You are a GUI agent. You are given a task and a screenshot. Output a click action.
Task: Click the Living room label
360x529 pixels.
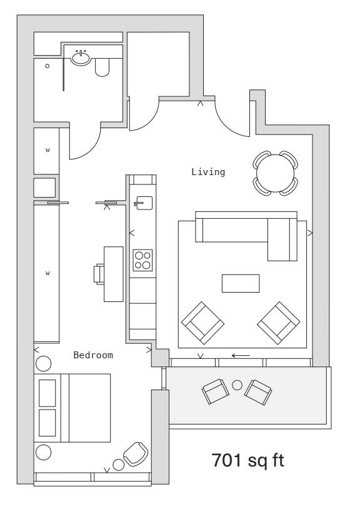(x=208, y=172)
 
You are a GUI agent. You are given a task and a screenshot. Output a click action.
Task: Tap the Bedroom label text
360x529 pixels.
(x=93, y=355)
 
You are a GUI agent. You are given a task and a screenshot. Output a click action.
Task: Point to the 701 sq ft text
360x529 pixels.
(x=247, y=460)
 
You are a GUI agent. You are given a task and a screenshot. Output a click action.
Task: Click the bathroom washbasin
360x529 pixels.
(x=81, y=58)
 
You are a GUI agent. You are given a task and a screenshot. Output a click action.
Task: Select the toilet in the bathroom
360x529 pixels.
(x=102, y=68)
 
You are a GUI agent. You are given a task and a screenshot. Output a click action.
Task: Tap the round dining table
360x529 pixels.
(x=275, y=173)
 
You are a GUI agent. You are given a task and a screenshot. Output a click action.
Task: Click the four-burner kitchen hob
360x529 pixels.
(x=142, y=260)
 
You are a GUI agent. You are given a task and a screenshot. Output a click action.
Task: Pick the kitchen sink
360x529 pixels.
(x=144, y=203)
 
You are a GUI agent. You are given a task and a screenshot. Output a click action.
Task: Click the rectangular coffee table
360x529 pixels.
(x=241, y=283)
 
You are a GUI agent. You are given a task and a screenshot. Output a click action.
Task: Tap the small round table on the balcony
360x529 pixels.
(x=237, y=385)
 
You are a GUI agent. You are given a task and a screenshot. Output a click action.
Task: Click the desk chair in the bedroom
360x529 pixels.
(x=99, y=274)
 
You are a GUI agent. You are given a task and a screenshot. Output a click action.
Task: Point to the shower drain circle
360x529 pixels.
(x=47, y=66)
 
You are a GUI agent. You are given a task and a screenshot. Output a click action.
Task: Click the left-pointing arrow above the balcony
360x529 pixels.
(x=241, y=355)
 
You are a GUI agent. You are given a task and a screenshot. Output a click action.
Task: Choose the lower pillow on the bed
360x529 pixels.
(x=47, y=423)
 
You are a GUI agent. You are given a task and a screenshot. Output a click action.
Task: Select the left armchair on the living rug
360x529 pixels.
(x=202, y=323)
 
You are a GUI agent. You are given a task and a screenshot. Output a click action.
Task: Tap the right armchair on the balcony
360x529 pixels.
(x=258, y=392)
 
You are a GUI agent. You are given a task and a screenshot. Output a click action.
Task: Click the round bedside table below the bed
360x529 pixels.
(x=44, y=452)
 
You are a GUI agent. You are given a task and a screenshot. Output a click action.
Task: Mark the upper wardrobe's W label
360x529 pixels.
(x=47, y=150)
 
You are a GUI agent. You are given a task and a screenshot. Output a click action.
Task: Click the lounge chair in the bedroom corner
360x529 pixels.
(x=136, y=454)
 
